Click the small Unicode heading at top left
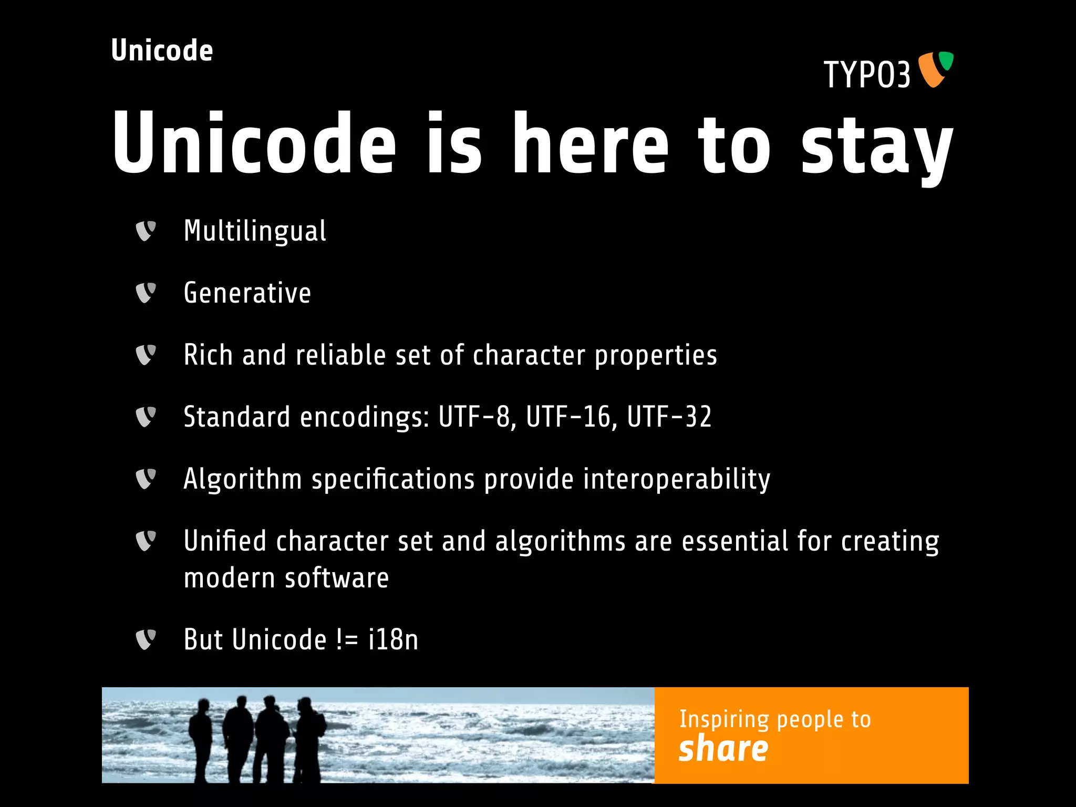(162, 51)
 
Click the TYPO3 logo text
(867, 75)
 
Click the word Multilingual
(255, 231)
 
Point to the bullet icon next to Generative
(146, 293)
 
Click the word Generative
(247, 293)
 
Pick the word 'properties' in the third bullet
(656, 356)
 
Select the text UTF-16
(568, 417)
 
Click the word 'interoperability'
(676, 479)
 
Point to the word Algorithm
(242, 479)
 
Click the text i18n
(393, 640)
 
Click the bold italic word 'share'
(723, 749)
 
